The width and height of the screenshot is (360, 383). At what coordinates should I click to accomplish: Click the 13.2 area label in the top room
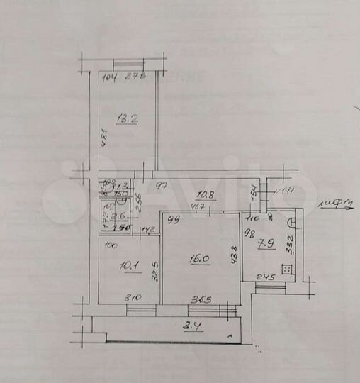[x=128, y=118]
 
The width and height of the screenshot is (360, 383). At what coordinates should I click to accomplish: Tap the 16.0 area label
[x=198, y=260]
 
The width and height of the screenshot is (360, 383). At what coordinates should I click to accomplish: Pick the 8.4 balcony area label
[x=192, y=327]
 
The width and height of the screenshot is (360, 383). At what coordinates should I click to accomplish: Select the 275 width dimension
[x=135, y=77]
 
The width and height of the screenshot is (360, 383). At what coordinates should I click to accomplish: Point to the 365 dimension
[x=202, y=299]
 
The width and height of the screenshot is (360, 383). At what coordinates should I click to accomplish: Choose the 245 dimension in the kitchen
[x=266, y=277]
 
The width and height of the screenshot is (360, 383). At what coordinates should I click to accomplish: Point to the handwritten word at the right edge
[x=337, y=205]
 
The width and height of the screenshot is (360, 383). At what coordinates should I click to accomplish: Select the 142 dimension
[x=147, y=229]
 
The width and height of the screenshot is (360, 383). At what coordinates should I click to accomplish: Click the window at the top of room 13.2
[x=128, y=64]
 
